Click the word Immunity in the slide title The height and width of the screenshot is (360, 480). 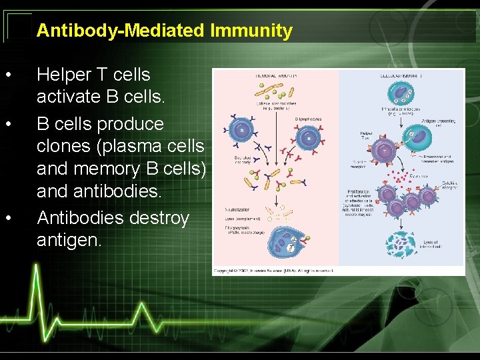click(251, 31)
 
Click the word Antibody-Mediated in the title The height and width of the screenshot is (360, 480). click(121, 31)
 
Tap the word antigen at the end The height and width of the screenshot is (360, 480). click(69, 239)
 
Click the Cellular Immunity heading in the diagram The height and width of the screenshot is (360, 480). click(402, 76)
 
